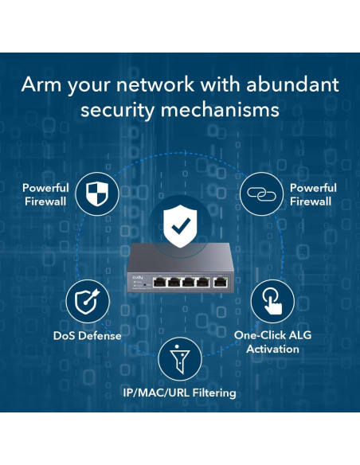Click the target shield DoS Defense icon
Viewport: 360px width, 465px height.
(x=87, y=301)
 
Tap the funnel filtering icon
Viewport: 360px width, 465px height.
(x=179, y=360)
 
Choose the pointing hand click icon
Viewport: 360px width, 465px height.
(x=272, y=301)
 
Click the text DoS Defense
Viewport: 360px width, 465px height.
(x=88, y=335)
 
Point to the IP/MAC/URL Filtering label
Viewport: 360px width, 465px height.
(x=179, y=393)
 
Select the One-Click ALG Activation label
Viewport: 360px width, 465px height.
(x=272, y=342)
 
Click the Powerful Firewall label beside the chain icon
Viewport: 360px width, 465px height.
(x=312, y=194)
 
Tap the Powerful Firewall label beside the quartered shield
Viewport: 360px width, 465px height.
(x=45, y=194)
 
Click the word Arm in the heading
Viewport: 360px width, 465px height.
(x=41, y=84)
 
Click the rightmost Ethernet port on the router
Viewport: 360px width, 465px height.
(x=217, y=281)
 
